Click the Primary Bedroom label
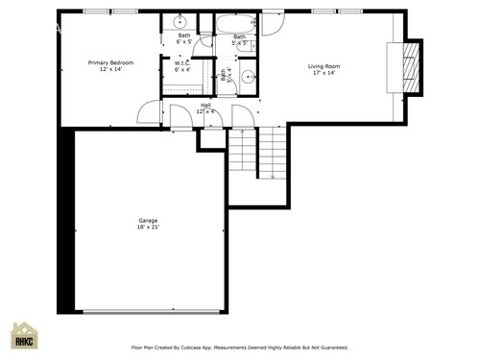[x=110, y=62]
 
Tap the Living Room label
[x=324, y=66]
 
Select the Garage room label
[x=148, y=221]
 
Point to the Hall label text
[x=206, y=105]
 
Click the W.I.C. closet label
[x=181, y=63]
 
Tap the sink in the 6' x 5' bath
[x=180, y=21]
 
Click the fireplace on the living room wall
[x=409, y=67]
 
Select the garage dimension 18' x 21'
[x=148, y=228]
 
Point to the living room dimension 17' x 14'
[x=324, y=73]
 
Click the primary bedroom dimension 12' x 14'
[x=110, y=69]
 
